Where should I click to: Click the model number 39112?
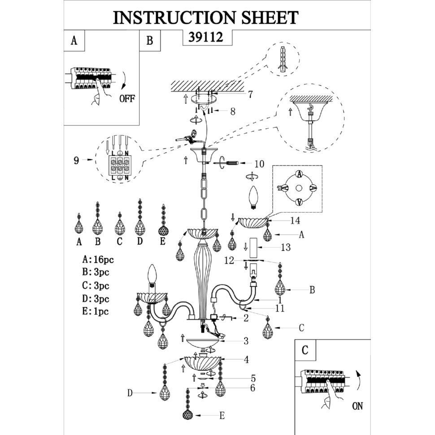[x=205, y=37]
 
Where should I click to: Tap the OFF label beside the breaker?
[x=127, y=98]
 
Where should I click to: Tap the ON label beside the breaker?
[x=357, y=406]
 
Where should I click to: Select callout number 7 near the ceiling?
[x=250, y=94]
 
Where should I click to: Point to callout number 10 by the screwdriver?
[x=259, y=164]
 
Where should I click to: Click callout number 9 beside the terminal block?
[x=76, y=161]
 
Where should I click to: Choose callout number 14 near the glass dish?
[x=295, y=221]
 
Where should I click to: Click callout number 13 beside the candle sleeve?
[x=286, y=247]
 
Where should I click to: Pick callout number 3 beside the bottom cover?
[x=246, y=341]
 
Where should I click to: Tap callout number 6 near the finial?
[x=252, y=387]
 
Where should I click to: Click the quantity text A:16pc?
[x=98, y=259]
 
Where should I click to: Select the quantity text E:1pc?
[x=96, y=311]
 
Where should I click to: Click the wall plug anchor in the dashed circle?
[x=283, y=60]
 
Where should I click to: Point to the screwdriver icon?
[x=230, y=163]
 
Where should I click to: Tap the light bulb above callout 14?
[x=253, y=197]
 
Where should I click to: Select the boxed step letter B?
[x=150, y=40]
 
